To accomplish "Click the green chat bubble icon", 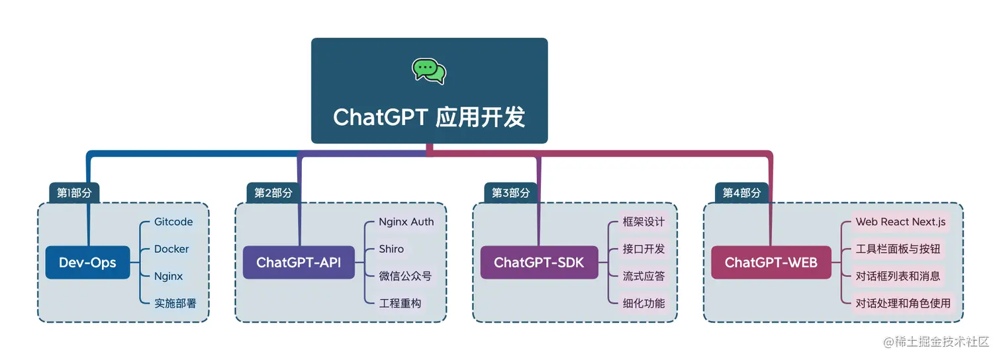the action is pyautogui.click(x=429, y=71).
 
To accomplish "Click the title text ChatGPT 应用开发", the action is pyautogui.click(x=429, y=117).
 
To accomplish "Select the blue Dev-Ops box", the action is pyautogui.click(x=87, y=262).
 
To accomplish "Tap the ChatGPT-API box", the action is pyautogui.click(x=299, y=262).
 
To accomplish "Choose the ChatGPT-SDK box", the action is pyautogui.click(x=539, y=262).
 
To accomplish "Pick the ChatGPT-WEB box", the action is pyautogui.click(x=771, y=262).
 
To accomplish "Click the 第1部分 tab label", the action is pyautogui.click(x=74, y=193).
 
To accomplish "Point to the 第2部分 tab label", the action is pyautogui.click(x=273, y=193).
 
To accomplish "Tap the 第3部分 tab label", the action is pyautogui.click(x=511, y=193).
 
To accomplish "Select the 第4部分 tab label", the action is pyautogui.click(x=741, y=193).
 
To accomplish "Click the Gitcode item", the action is pyautogui.click(x=173, y=222).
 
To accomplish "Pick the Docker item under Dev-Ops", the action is pyautogui.click(x=171, y=249).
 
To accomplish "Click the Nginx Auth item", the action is pyautogui.click(x=406, y=222).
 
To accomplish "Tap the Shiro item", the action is pyautogui.click(x=391, y=249).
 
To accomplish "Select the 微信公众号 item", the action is pyautogui.click(x=405, y=276).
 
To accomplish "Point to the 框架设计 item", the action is pyautogui.click(x=643, y=222).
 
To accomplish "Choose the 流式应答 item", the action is pyautogui.click(x=643, y=276).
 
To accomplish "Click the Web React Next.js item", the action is pyautogui.click(x=900, y=222).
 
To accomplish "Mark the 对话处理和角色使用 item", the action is pyautogui.click(x=903, y=303).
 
